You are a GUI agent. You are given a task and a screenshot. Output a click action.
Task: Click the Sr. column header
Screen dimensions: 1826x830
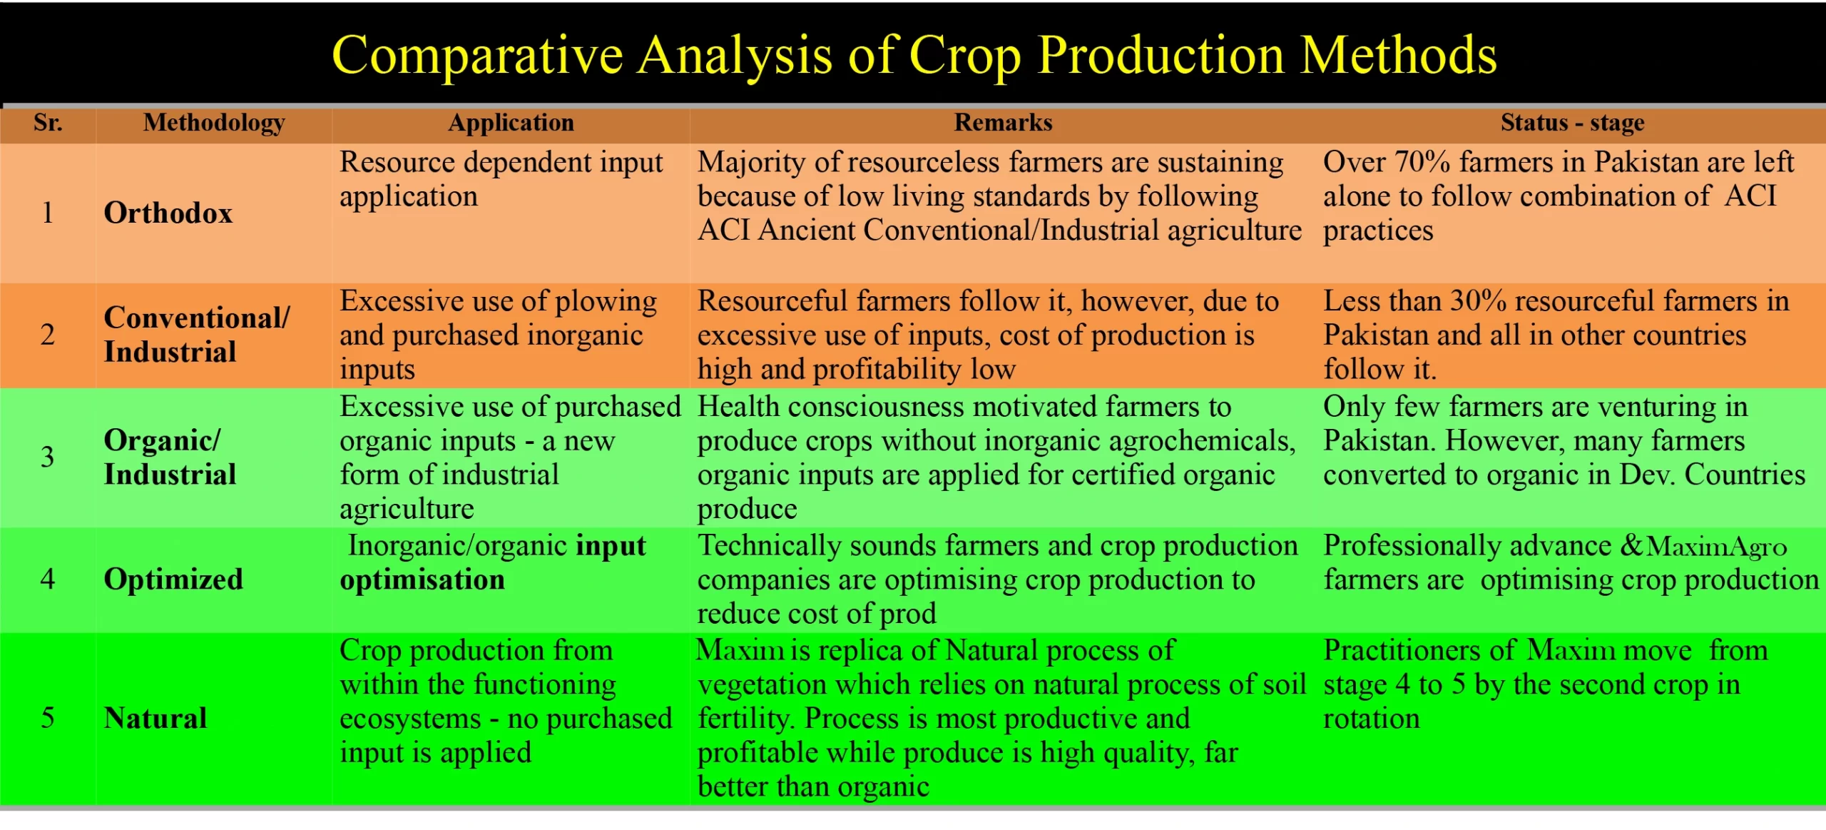48,123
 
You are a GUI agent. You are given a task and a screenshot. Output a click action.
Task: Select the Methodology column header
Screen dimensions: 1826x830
214,123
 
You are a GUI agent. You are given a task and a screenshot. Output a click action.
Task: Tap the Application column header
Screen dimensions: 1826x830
511,123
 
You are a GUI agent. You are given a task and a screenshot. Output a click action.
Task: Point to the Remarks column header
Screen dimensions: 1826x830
1003,123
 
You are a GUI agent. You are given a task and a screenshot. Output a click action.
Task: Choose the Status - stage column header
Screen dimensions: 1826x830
1572,123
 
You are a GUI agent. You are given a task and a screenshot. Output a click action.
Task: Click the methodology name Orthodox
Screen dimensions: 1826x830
168,213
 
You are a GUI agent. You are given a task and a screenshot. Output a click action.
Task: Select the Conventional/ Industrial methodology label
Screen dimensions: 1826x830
197,335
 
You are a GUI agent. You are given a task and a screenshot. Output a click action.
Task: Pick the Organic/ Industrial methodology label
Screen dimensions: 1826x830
170,457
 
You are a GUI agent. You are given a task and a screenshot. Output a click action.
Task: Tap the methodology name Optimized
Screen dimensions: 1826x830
173,580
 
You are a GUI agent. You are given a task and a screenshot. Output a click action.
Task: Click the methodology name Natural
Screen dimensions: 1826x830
155,719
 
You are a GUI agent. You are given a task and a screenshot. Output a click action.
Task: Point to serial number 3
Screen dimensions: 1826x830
47,457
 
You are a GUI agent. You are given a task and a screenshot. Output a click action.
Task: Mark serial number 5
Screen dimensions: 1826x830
47,718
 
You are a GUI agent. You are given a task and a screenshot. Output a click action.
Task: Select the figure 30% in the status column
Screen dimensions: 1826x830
1478,301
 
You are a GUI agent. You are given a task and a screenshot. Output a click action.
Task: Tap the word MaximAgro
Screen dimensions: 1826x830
1716,547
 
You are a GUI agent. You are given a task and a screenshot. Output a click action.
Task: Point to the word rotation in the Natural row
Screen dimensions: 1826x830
1371,719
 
